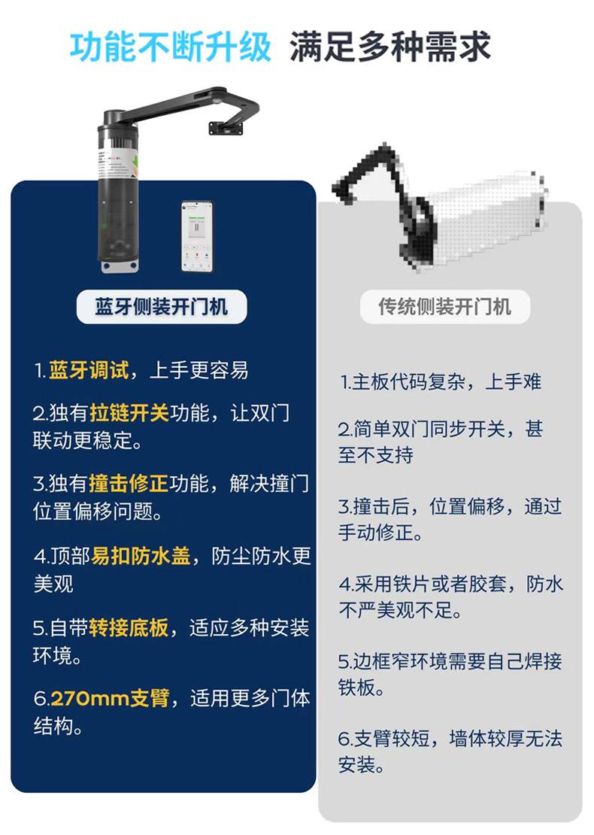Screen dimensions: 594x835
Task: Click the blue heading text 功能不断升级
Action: pyautogui.click(x=171, y=47)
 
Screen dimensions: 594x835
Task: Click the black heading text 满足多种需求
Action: pyautogui.click(x=389, y=47)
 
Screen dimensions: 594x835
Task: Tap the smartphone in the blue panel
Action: pyautogui.click(x=196, y=236)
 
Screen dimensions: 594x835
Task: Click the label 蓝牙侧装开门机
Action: pyautogui.click(x=161, y=307)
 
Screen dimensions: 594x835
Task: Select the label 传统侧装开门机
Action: pyautogui.click(x=445, y=307)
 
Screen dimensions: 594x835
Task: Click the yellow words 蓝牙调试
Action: pyautogui.click(x=89, y=370)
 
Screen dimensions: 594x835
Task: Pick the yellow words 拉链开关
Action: pyautogui.click(x=129, y=413)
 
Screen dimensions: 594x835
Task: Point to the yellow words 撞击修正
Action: pyautogui.click(x=129, y=484)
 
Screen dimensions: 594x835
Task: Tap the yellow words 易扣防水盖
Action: pyautogui.click(x=141, y=556)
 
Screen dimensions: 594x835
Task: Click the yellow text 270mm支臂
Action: pyautogui.click(x=111, y=698)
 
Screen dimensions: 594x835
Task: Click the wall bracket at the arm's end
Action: pyautogui.click(x=227, y=127)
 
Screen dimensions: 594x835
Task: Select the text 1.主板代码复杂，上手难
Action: pyautogui.click(x=441, y=382)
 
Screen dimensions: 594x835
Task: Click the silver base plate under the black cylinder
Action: pyautogui.click(x=118, y=266)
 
